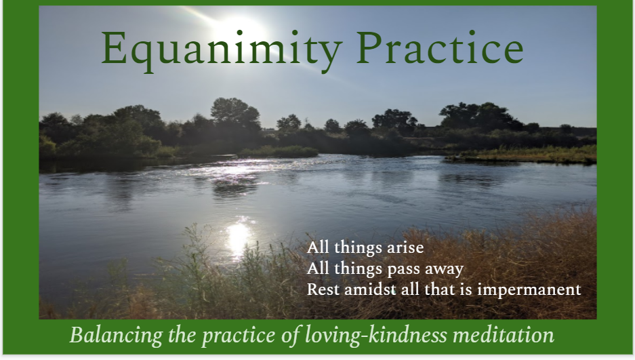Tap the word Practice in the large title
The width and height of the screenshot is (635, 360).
tap(440, 49)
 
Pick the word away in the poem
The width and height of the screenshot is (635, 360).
tap(441, 269)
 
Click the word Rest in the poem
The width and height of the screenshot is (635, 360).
tap(322, 289)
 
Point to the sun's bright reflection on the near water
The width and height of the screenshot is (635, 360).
tap(238, 237)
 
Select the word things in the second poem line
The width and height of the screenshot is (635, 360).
tap(355, 269)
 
